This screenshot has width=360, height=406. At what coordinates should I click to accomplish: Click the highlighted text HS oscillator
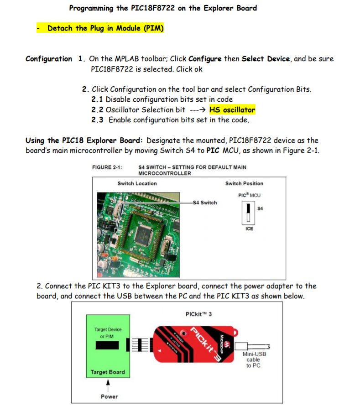pos(232,109)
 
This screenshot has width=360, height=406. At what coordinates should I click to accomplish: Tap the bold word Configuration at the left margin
pos(48,59)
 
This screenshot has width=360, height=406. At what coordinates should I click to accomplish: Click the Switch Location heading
pos(137,183)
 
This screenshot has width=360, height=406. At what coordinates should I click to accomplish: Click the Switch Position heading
pos(244,183)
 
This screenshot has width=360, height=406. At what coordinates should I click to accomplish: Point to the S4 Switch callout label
pos(204,203)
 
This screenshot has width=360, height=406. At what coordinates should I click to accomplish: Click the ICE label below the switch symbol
pos(249,229)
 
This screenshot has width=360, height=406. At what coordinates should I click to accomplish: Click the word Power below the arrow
pos(109,396)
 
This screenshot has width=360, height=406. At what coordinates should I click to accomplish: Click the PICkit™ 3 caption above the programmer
pos(199,314)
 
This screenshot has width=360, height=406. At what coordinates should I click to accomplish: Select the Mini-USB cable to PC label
pos(254,359)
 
